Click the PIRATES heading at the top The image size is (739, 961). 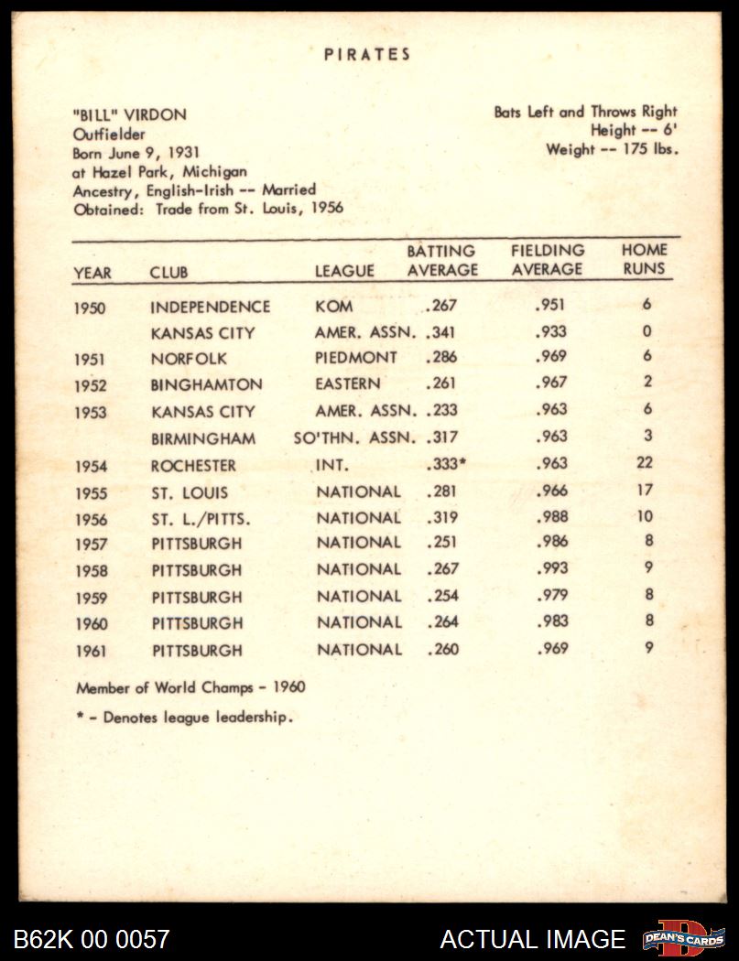point(367,55)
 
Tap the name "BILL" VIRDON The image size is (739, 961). point(129,114)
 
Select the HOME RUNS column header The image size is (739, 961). point(645,259)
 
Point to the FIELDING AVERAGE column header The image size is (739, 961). point(547,260)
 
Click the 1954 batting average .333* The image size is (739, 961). point(445,464)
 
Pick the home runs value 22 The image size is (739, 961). point(645,463)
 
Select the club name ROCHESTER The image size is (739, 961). point(193,466)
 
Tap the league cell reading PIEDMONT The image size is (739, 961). point(356,358)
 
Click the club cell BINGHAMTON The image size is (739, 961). point(206,384)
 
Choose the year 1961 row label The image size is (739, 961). point(91,652)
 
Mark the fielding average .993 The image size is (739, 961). point(550,569)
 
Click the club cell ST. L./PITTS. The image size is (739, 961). point(201,519)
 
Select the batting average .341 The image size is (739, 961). point(440,332)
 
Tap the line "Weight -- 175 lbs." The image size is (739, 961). point(612,149)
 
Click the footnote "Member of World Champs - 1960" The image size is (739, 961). point(190,687)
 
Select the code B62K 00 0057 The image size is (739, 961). point(92,939)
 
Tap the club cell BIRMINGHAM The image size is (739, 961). point(203,438)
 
